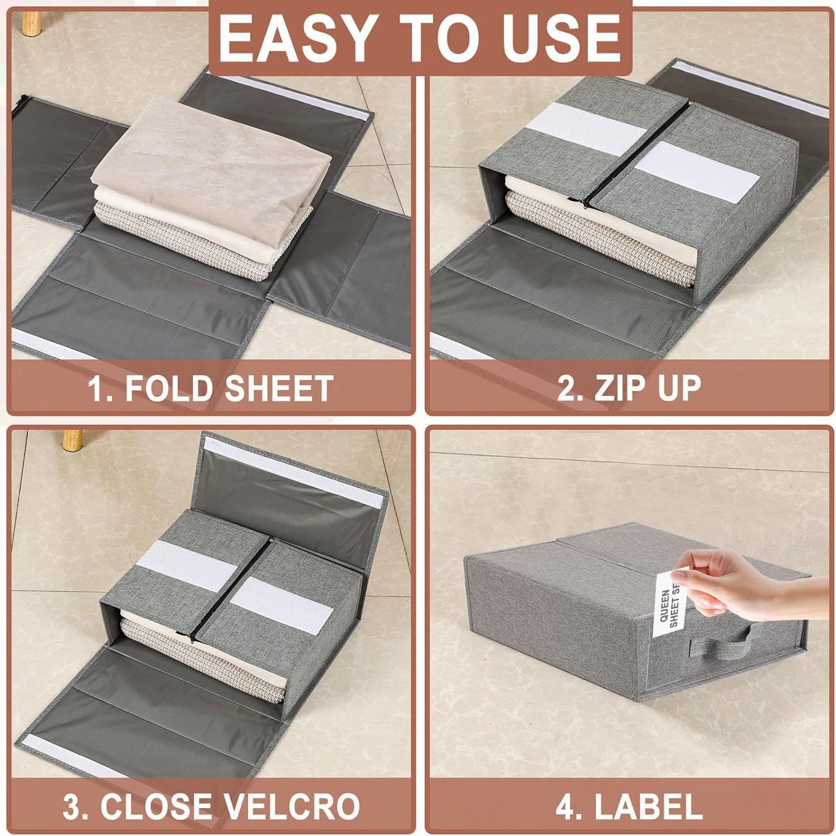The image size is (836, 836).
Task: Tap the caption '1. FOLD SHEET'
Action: click(211, 388)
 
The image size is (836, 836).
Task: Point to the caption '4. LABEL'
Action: click(629, 806)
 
